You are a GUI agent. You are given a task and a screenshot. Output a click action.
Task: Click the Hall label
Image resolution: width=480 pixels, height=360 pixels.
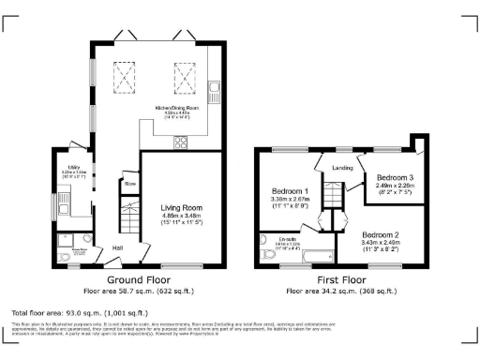118,247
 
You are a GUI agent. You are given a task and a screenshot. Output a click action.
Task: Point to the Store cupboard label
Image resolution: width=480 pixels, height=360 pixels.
130,184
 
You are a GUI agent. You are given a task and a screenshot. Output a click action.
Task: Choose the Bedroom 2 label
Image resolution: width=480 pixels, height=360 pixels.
382,233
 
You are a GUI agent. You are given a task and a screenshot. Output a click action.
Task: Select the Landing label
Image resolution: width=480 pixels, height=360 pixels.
342,168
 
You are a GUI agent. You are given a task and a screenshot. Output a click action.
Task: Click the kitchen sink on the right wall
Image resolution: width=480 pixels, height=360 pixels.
215,91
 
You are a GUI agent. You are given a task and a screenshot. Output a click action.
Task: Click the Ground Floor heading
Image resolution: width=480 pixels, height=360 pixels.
137,279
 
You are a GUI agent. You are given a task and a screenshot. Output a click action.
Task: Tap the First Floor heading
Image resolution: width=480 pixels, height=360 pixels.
340,279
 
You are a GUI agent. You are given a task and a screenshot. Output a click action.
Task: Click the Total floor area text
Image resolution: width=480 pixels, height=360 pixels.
80,311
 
